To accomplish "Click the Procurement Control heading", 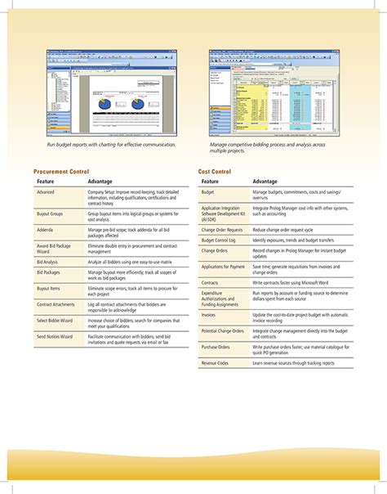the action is click(x=61, y=171).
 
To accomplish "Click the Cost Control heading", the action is click(x=215, y=171).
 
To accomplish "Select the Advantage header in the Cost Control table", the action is click(x=265, y=181).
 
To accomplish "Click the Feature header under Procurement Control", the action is click(x=46, y=181).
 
